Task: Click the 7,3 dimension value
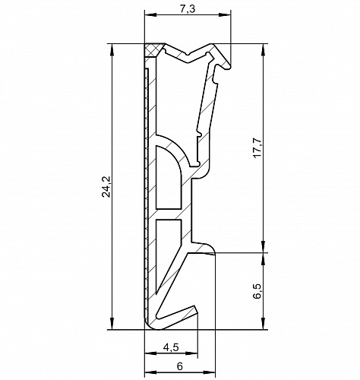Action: tap(188, 9)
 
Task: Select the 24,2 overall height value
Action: tap(106, 187)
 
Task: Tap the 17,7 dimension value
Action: tap(257, 148)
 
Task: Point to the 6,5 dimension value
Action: tap(257, 291)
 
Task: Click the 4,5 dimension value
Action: tap(171, 347)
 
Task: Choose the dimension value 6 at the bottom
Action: tap(180, 366)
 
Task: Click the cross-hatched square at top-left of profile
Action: tap(153, 50)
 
